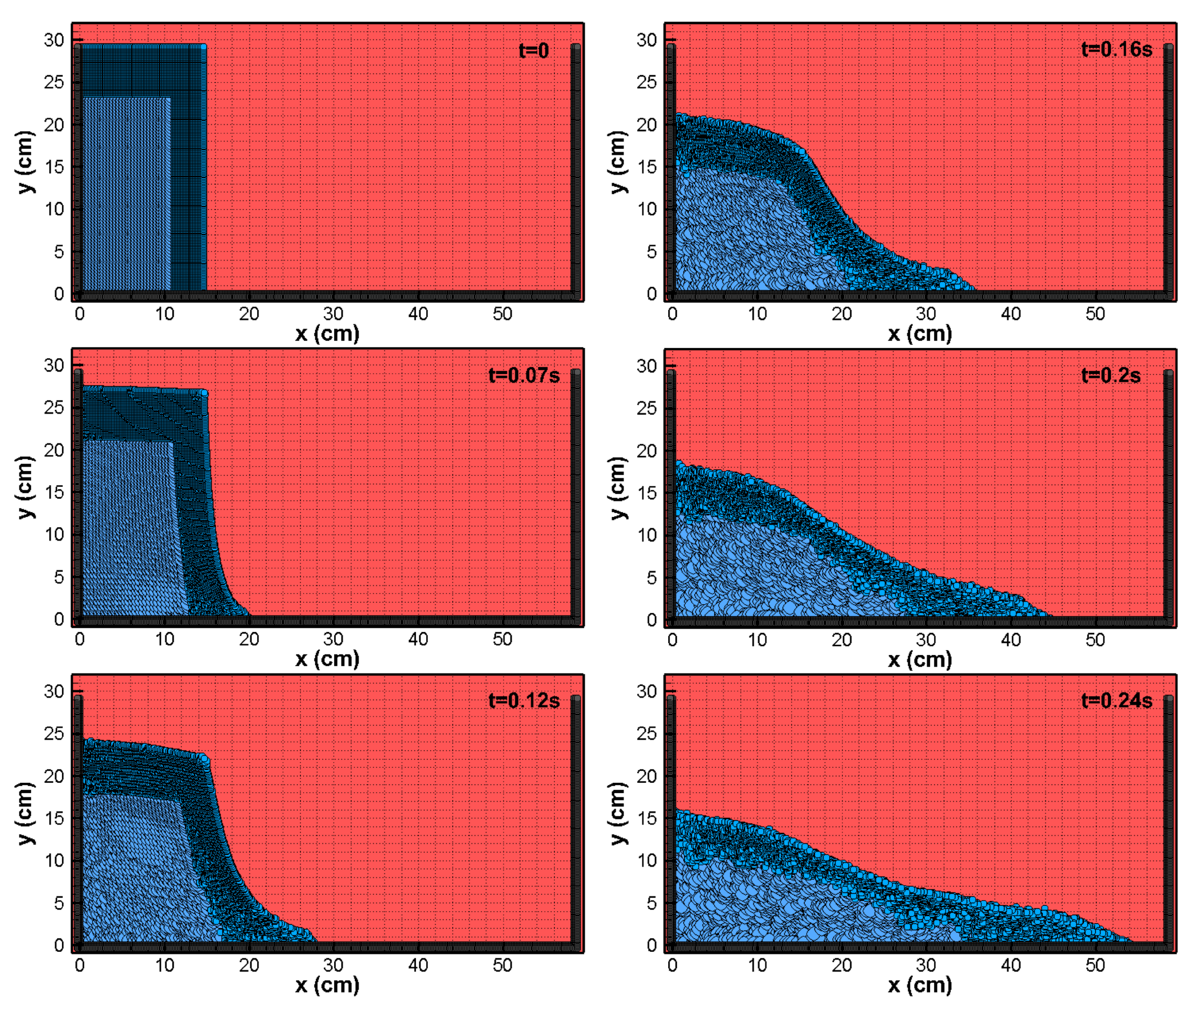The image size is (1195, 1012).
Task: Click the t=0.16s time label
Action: [1116, 49]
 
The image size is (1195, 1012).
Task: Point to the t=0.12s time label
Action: [523, 701]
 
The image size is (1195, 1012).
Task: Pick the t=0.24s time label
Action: [1116, 701]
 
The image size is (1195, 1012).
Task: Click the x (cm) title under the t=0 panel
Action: [327, 334]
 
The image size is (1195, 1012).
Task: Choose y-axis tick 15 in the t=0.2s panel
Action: [647, 493]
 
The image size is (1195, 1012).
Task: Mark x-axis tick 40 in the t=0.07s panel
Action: [418, 639]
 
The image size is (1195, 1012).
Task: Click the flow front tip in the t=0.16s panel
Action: [973, 288]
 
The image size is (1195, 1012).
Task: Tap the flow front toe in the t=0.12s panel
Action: [314, 940]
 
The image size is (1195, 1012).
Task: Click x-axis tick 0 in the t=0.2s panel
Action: [672, 640]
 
